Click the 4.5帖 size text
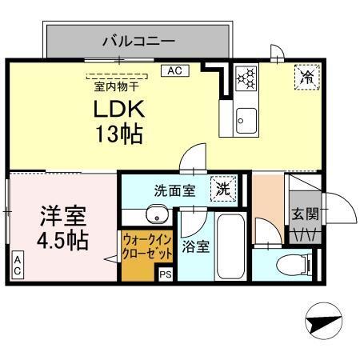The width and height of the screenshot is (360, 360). click(63, 239)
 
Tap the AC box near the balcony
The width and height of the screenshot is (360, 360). click(174, 71)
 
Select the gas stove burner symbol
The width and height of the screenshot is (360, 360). click(246, 78)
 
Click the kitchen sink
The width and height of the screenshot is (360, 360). click(244, 120)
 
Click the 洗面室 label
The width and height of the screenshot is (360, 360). click(174, 190)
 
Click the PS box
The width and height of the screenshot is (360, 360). click(166, 274)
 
